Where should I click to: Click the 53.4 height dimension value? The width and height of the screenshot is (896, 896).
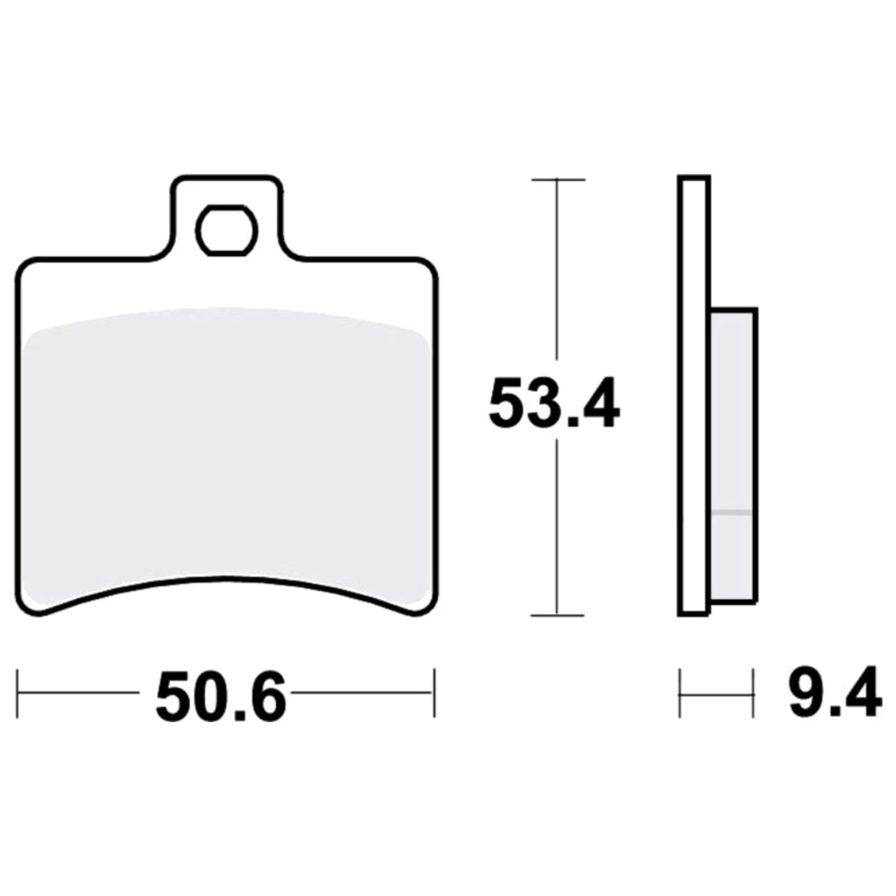[554, 402]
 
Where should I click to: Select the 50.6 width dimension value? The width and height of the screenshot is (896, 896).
[220, 696]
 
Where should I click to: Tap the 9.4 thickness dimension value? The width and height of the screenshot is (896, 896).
[835, 692]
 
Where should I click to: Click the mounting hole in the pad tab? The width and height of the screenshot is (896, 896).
[227, 230]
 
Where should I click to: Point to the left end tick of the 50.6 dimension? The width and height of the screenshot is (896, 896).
[18, 694]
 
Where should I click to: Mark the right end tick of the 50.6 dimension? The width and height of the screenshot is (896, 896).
[435, 694]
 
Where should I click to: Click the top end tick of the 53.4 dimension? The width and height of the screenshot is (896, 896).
[557, 179]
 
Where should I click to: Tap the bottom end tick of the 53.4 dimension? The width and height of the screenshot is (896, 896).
[557, 616]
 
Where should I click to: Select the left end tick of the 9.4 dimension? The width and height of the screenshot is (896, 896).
[680, 694]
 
